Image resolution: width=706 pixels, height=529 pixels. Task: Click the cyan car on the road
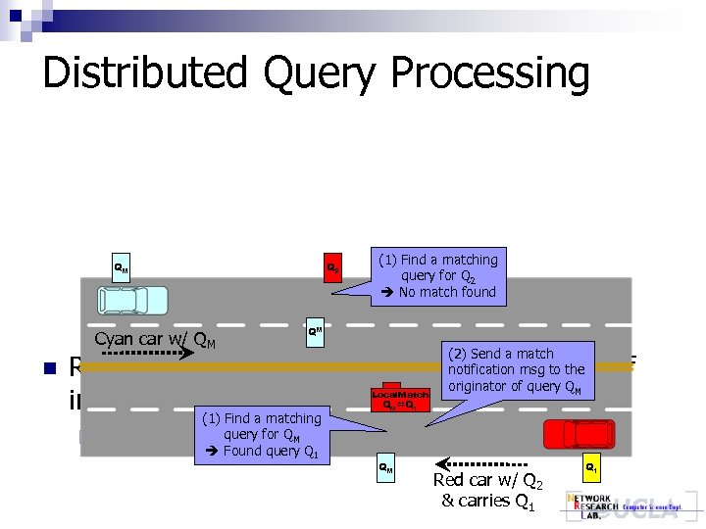(132, 300)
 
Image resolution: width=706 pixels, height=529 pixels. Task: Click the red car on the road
(580, 433)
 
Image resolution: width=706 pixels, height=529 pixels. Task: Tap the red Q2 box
(333, 268)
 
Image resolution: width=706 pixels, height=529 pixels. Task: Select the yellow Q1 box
(592, 468)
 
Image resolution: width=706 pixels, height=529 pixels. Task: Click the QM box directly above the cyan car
(120, 267)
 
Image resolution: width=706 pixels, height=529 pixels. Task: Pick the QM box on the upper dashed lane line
(315, 330)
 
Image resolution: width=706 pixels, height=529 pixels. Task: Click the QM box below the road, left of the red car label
(386, 468)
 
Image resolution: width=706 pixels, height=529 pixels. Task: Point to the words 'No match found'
(447, 292)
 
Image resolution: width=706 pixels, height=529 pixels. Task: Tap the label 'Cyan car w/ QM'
(155, 341)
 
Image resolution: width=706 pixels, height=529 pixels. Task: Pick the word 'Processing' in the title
(490, 73)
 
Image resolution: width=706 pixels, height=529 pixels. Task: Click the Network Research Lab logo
(622, 505)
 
